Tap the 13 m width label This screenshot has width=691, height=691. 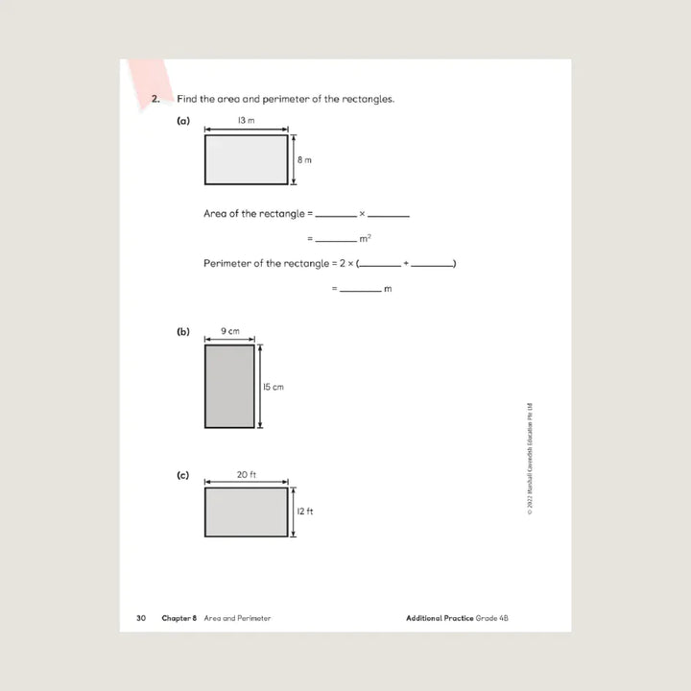click(246, 121)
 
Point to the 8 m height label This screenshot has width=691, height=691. click(304, 159)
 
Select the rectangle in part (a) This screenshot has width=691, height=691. click(246, 159)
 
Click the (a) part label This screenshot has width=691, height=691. click(183, 122)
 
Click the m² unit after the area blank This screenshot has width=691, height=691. click(365, 238)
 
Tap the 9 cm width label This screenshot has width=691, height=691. click(229, 331)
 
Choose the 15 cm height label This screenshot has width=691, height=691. click(274, 387)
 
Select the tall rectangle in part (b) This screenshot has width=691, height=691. click(229, 387)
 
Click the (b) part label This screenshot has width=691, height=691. click(183, 332)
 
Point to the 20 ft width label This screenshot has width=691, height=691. click(246, 475)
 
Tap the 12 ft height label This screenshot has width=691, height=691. click(304, 512)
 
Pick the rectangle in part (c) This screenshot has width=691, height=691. click(246, 512)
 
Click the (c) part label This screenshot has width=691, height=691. click(183, 475)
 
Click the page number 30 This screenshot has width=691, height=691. click(140, 618)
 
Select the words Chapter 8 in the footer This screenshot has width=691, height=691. click(179, 618)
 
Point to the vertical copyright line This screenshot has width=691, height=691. click(531, 460)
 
